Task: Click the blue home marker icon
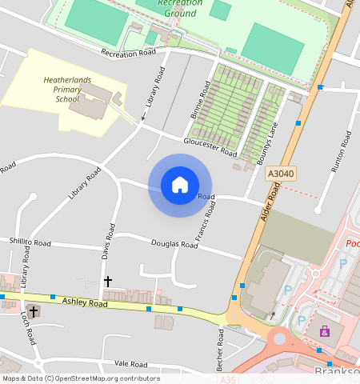click(x=180, y=185)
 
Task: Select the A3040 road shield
click(x=281, y=173)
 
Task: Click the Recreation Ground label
click(x=180, y=8)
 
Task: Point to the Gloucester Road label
click(x=210, y=146)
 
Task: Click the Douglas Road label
click(x=174, y=244)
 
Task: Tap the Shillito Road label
click(x=30, y=242)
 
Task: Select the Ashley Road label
click(x=86, y=303)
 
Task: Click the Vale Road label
click(x=132, y=363)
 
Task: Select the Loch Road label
click(x=28, y=329)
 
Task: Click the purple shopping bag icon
click(x=325, y=331)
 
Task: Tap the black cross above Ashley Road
click(x=108, y=282)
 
